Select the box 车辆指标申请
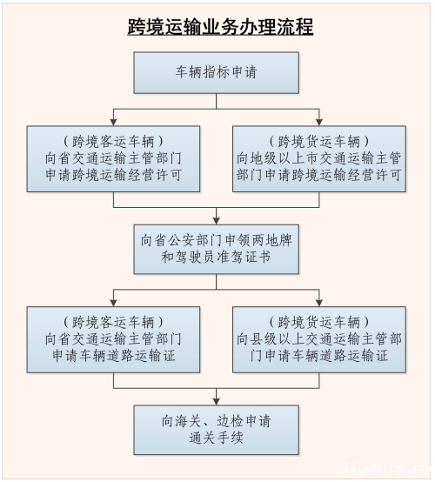(x=217, y=72)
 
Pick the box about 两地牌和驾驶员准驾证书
(x=217, y=250)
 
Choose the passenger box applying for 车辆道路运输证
(x=114, y=338)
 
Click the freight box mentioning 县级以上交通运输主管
(x=319, y=338)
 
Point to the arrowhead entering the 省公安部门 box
(x=217, y=220)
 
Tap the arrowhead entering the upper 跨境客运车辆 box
(x=114, y=122)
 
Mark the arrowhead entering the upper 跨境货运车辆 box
(x=319, y=122)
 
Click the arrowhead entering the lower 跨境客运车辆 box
(x=114, y=302)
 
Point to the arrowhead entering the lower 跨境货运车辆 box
(x=319, y=302)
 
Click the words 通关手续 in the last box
(x=217, y=438)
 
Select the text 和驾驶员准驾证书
(x=217, y=259)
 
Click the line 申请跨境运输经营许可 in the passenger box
(x=114, y=174)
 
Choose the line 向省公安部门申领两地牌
(x=217, y=241)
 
